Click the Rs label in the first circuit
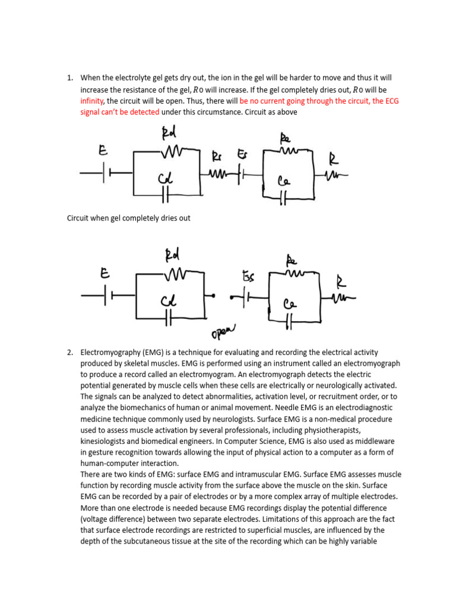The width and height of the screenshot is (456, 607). [x=218, y=156]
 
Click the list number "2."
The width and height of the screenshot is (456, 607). [x=70, y=352]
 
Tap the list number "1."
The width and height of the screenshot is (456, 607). [x=70, y=78]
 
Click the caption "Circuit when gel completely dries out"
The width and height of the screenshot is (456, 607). [x=128, y=218]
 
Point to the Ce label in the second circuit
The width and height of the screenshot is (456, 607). [x=290, y=305]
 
